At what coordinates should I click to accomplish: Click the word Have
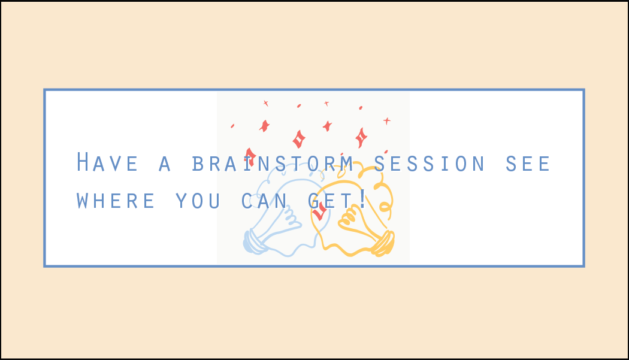click(x=107, y=162)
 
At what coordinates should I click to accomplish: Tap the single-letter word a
click(x=165, y=164)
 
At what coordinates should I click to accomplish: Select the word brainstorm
click(x=273, y=164)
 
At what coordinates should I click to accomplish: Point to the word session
click(x=430, y=164)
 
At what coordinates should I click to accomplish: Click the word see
click(x=528, y=164)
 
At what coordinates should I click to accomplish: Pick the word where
click(x=116, y=201)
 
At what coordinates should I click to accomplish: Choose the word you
click(x=198, y=201)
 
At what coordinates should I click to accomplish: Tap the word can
click(x=264, y=201)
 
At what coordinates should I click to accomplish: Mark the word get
click(x=330, y=201)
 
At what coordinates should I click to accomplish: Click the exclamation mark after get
click(x=362, y=199)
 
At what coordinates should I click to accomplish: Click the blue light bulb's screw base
click(x=253, y=241)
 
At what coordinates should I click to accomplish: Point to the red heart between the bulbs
click(x=319, y=211)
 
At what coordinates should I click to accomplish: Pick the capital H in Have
click(x=82, y=162)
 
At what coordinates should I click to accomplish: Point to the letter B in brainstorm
click(x=198, y=164)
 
